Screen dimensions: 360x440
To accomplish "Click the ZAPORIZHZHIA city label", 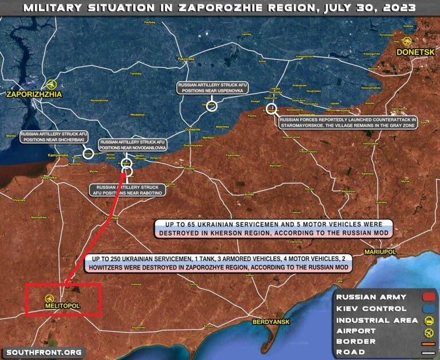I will [x=33, y=95].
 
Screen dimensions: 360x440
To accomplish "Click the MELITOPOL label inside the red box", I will [x=62, y=306].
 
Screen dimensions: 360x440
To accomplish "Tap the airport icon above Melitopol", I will [x=50, y=298].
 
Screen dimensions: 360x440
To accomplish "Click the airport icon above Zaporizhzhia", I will [x=52, y=84].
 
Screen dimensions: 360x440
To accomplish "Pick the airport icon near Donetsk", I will [x=407, y=41].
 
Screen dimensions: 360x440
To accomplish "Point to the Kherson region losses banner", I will [x=273, y=228].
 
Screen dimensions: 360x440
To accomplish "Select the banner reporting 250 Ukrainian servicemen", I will [x=218, y=264].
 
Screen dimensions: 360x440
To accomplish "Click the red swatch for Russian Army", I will [x=427, y=297].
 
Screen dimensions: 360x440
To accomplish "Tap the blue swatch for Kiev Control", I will [x=427, y=308].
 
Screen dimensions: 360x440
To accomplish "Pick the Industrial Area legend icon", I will [x=427, y=320].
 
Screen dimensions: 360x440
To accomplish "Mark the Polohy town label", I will [x=190, y=169].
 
